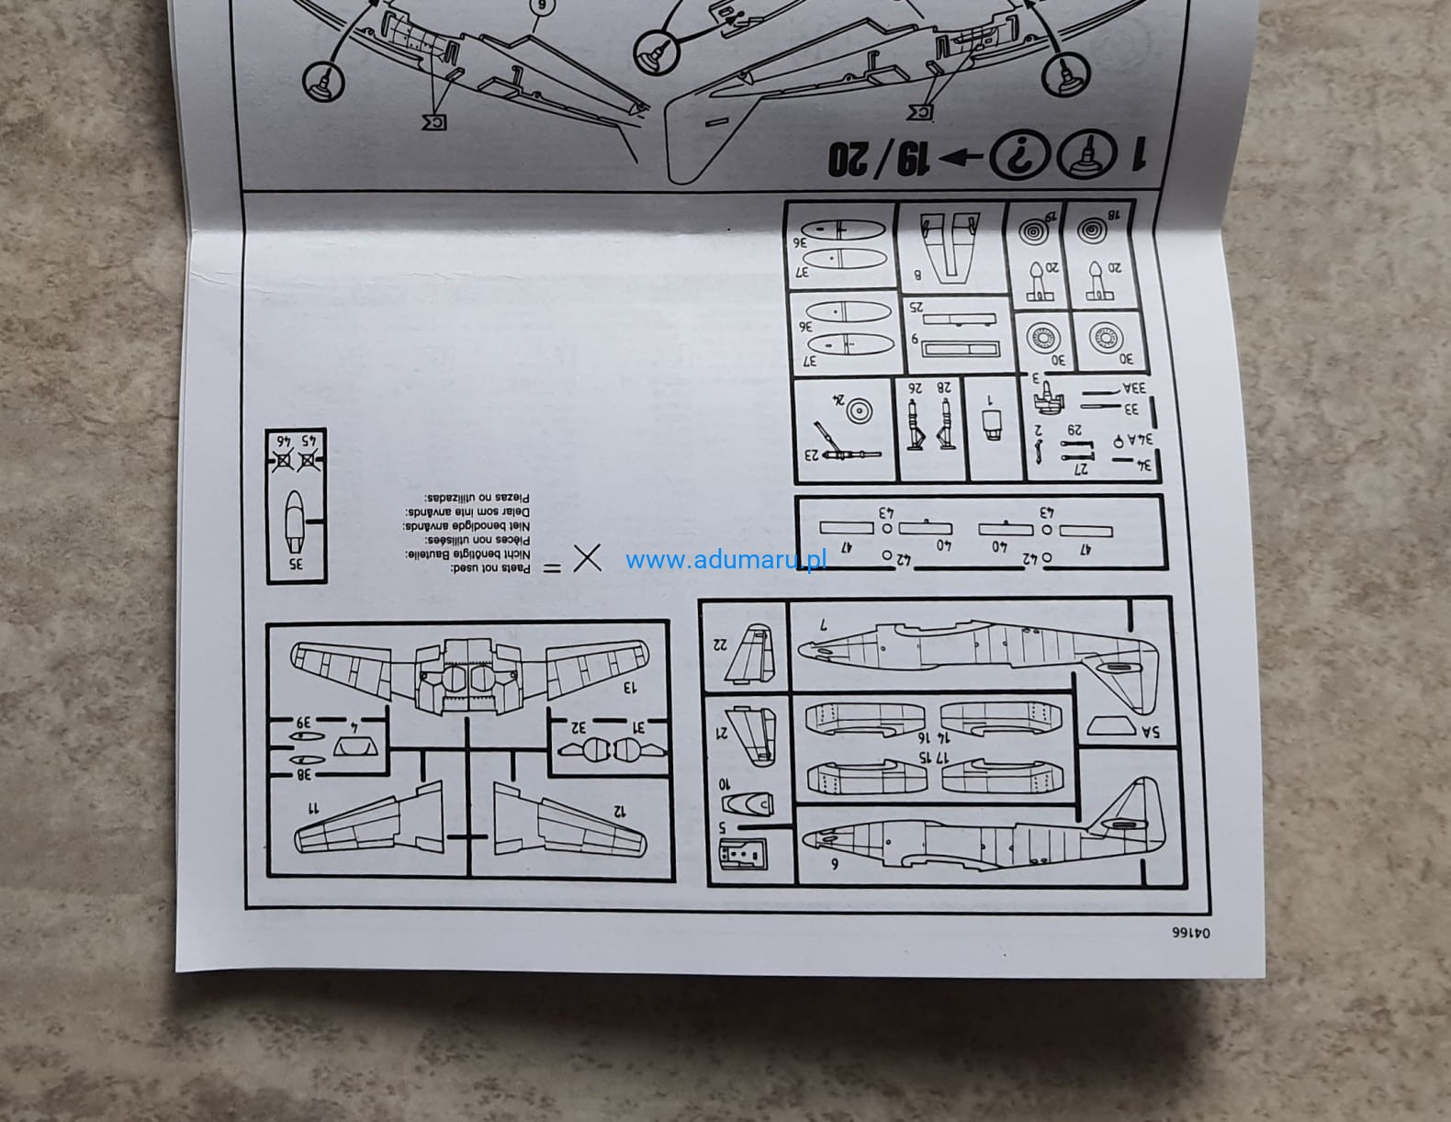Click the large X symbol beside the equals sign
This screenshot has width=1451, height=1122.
coord(588,558)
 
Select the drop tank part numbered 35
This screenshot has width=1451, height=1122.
coord(294,520)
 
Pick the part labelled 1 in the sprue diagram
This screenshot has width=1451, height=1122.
coord(992,423)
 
